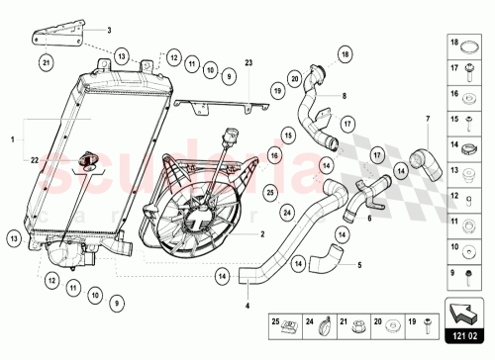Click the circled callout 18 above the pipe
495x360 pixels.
[x=345, y=53]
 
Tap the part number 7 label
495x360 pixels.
[x=428, y=121]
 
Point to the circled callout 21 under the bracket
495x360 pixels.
[x=46, y=63]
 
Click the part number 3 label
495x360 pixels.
[x=111, y=31]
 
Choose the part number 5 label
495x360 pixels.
[x=359, y=265]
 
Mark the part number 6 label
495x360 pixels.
[x=369, y=220]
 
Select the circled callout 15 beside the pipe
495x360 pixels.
[x=288, y=134]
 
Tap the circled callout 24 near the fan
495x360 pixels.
[x=287, y=211]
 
